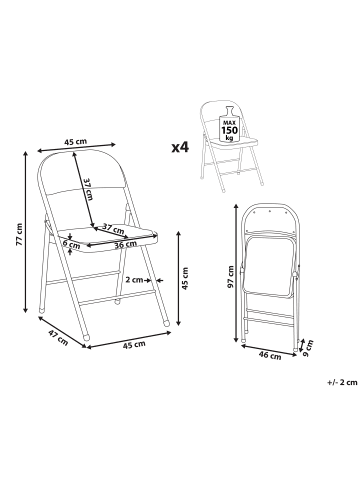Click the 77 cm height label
coord(20,234)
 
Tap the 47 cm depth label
coord(58,337)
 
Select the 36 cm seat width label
coord(125,244)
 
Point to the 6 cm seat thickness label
coord(71,244)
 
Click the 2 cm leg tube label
coord(134,280)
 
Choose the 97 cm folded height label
coord(230,276)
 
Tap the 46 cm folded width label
coord(270,356)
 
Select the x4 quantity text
coord(180,147)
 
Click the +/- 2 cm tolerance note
coord(342,382)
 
